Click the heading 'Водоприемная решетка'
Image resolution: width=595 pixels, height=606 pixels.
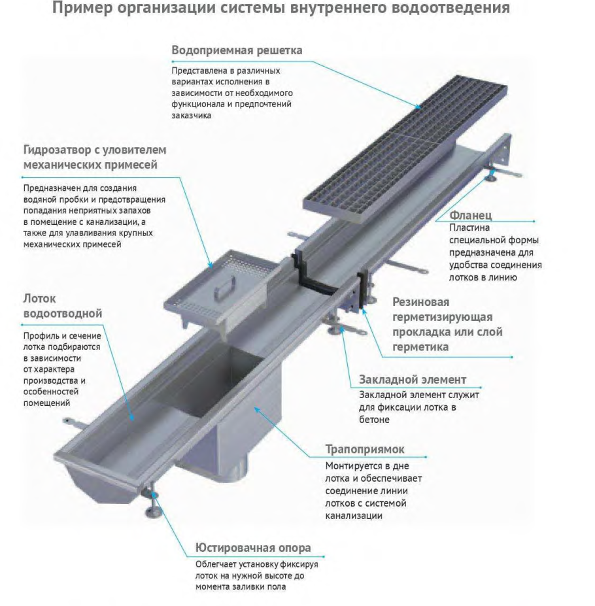(237, 50)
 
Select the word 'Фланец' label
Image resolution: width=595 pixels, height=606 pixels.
(470, 215)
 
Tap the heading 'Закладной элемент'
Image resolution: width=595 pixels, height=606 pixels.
(413, 380)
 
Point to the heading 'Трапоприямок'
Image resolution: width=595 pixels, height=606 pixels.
(365, 450)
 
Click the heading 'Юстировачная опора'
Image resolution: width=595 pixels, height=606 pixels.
(253, 548)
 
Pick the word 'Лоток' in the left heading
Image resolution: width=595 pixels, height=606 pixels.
(39, 299)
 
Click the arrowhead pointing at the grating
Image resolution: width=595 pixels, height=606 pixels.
(418, 107)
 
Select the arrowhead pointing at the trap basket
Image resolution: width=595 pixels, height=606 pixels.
(211, 265)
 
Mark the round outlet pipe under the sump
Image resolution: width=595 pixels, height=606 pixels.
(236, 472)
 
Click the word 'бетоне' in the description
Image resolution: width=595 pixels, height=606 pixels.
(374, 420)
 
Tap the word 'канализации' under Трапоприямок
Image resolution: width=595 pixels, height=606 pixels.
(353, 516)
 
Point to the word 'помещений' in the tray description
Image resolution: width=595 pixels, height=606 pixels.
(46, 403)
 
